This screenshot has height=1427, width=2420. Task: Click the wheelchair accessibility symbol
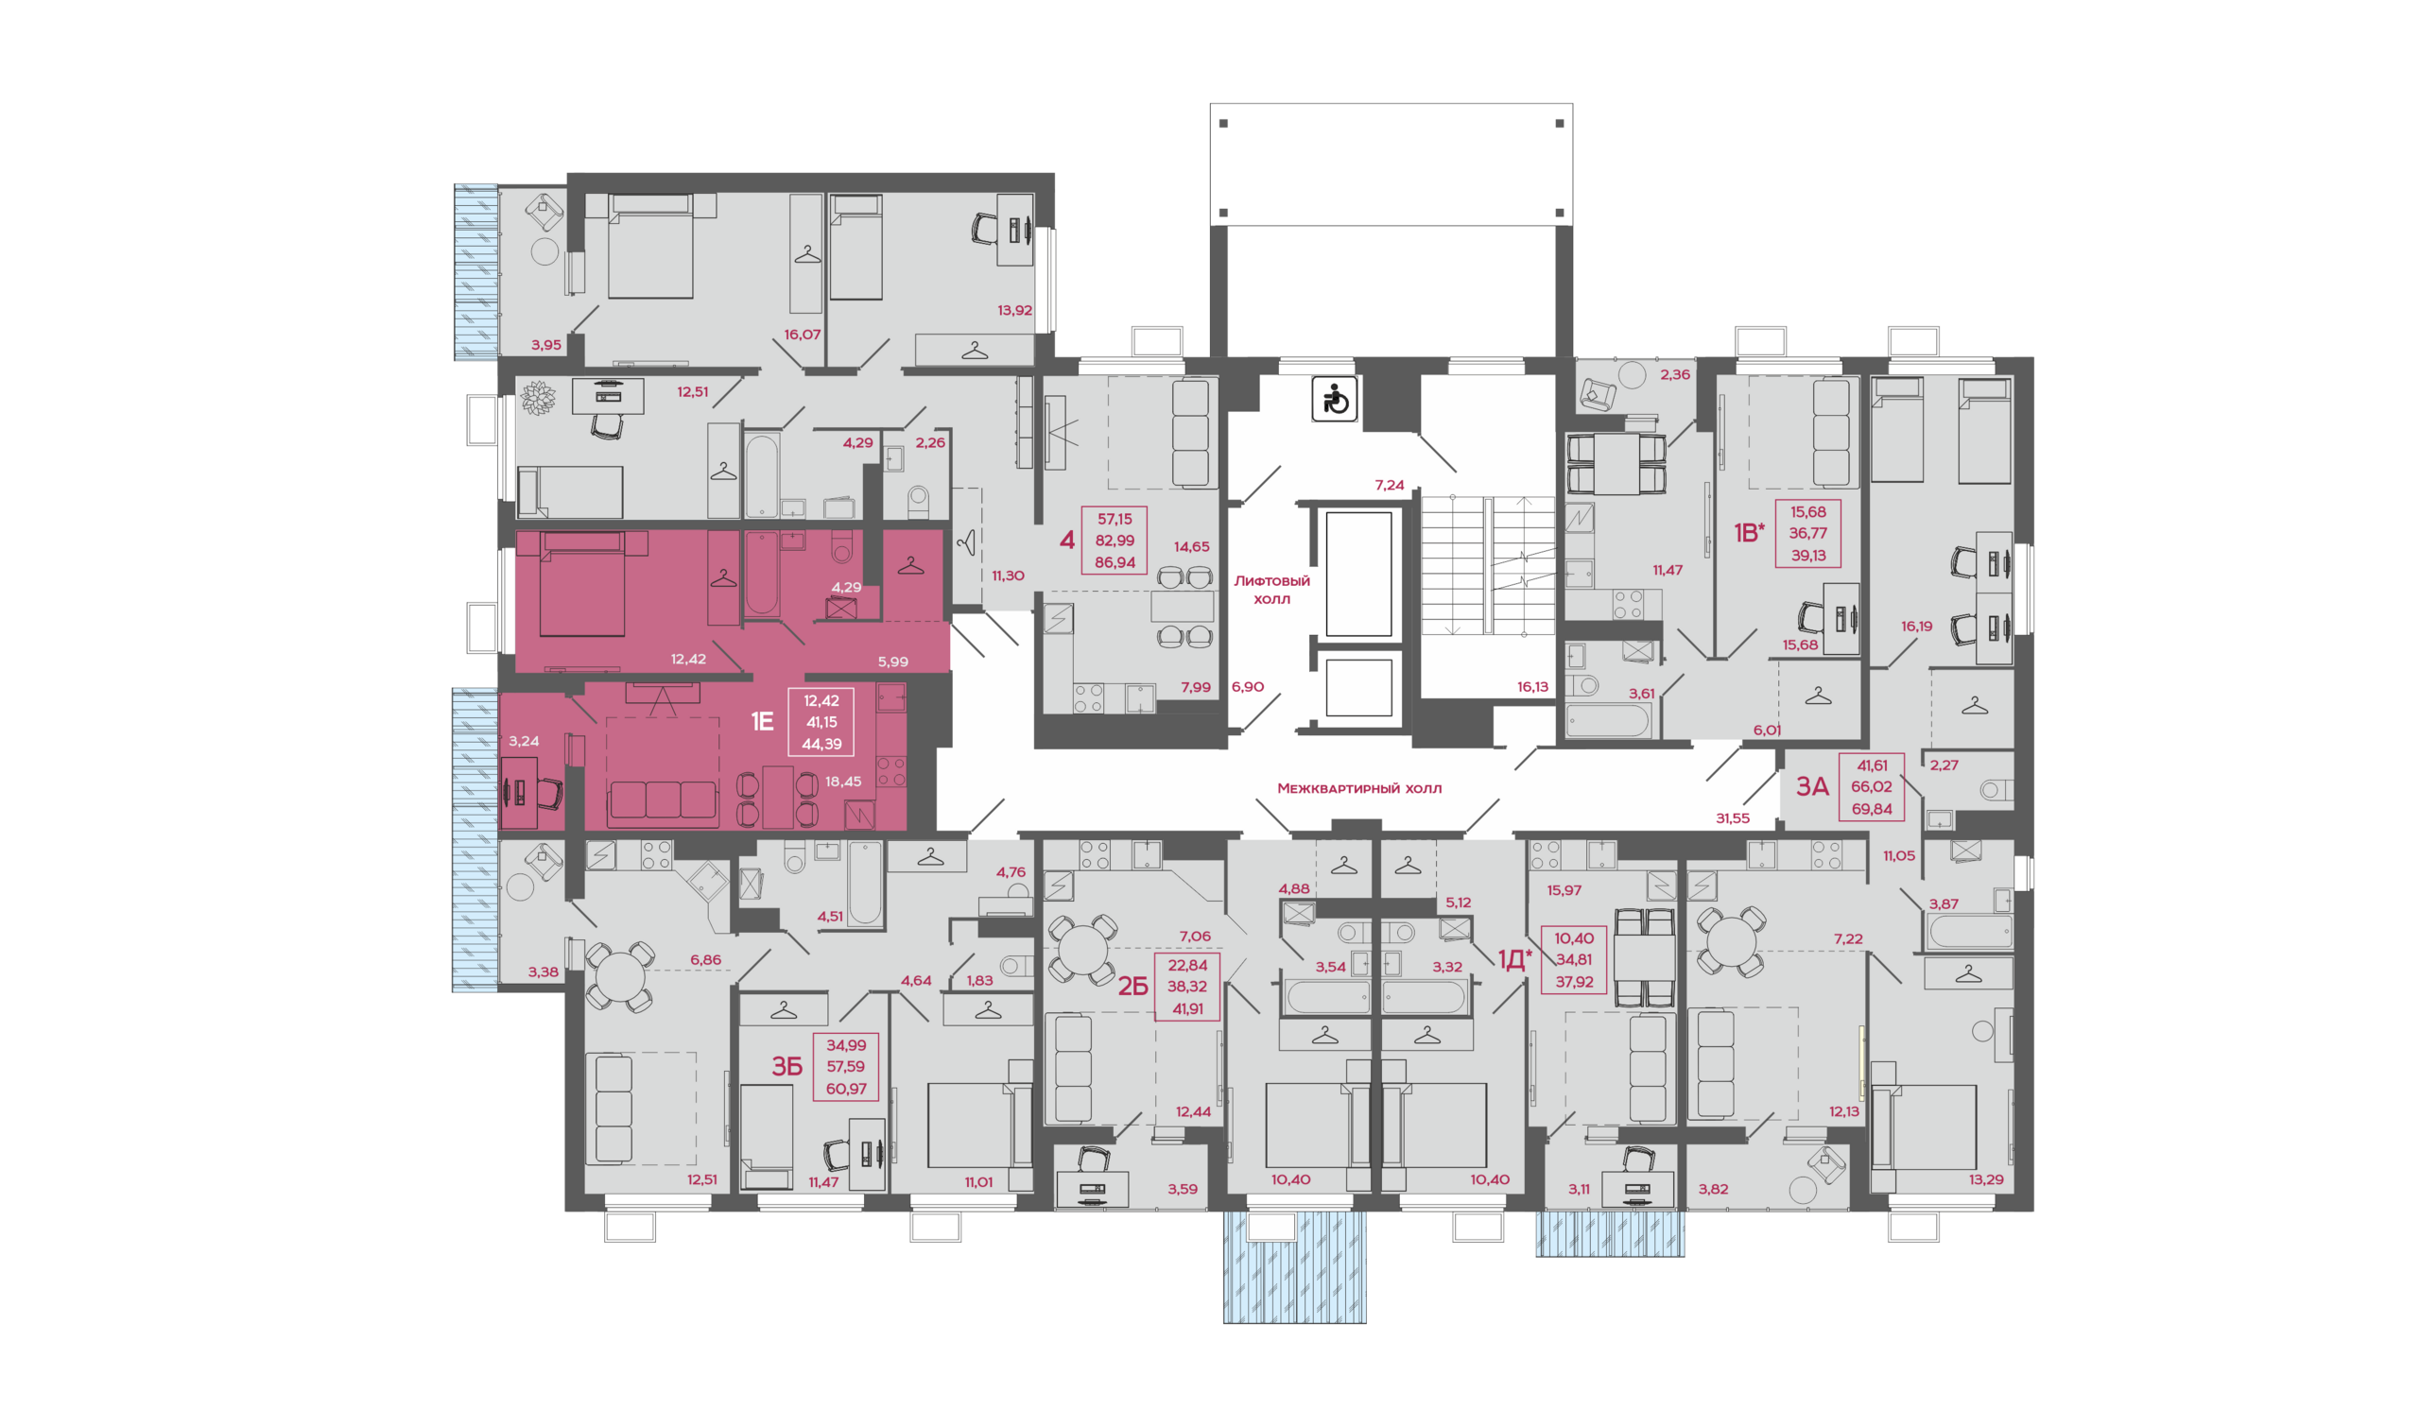pos(1334,399)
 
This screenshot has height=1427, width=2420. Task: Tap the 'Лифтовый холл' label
pos(1271,590)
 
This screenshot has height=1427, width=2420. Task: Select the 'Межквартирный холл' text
pos(1359,788)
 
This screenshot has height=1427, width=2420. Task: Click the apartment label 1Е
pos(762,721)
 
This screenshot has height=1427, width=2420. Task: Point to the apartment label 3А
pos(1812,786)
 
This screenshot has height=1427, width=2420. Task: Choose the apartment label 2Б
pos(1133,987)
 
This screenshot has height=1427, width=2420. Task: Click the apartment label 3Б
pos(786,1066)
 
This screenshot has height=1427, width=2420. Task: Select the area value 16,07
pos(803,335)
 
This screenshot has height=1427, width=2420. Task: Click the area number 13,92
pos(1014,311)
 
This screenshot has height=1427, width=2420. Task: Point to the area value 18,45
pos(843,782)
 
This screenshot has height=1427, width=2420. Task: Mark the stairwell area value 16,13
pos(1533,687)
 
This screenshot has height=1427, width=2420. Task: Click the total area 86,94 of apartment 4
pos(1115,562)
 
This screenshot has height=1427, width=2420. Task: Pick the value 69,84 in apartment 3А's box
pos(1872,809)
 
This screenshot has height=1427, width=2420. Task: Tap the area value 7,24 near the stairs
pos(1390,486)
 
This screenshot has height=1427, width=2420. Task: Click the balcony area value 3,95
pos(546,345)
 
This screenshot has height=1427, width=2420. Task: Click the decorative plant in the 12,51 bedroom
pos(538,398)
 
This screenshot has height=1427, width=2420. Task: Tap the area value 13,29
pos(1986,1179)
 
